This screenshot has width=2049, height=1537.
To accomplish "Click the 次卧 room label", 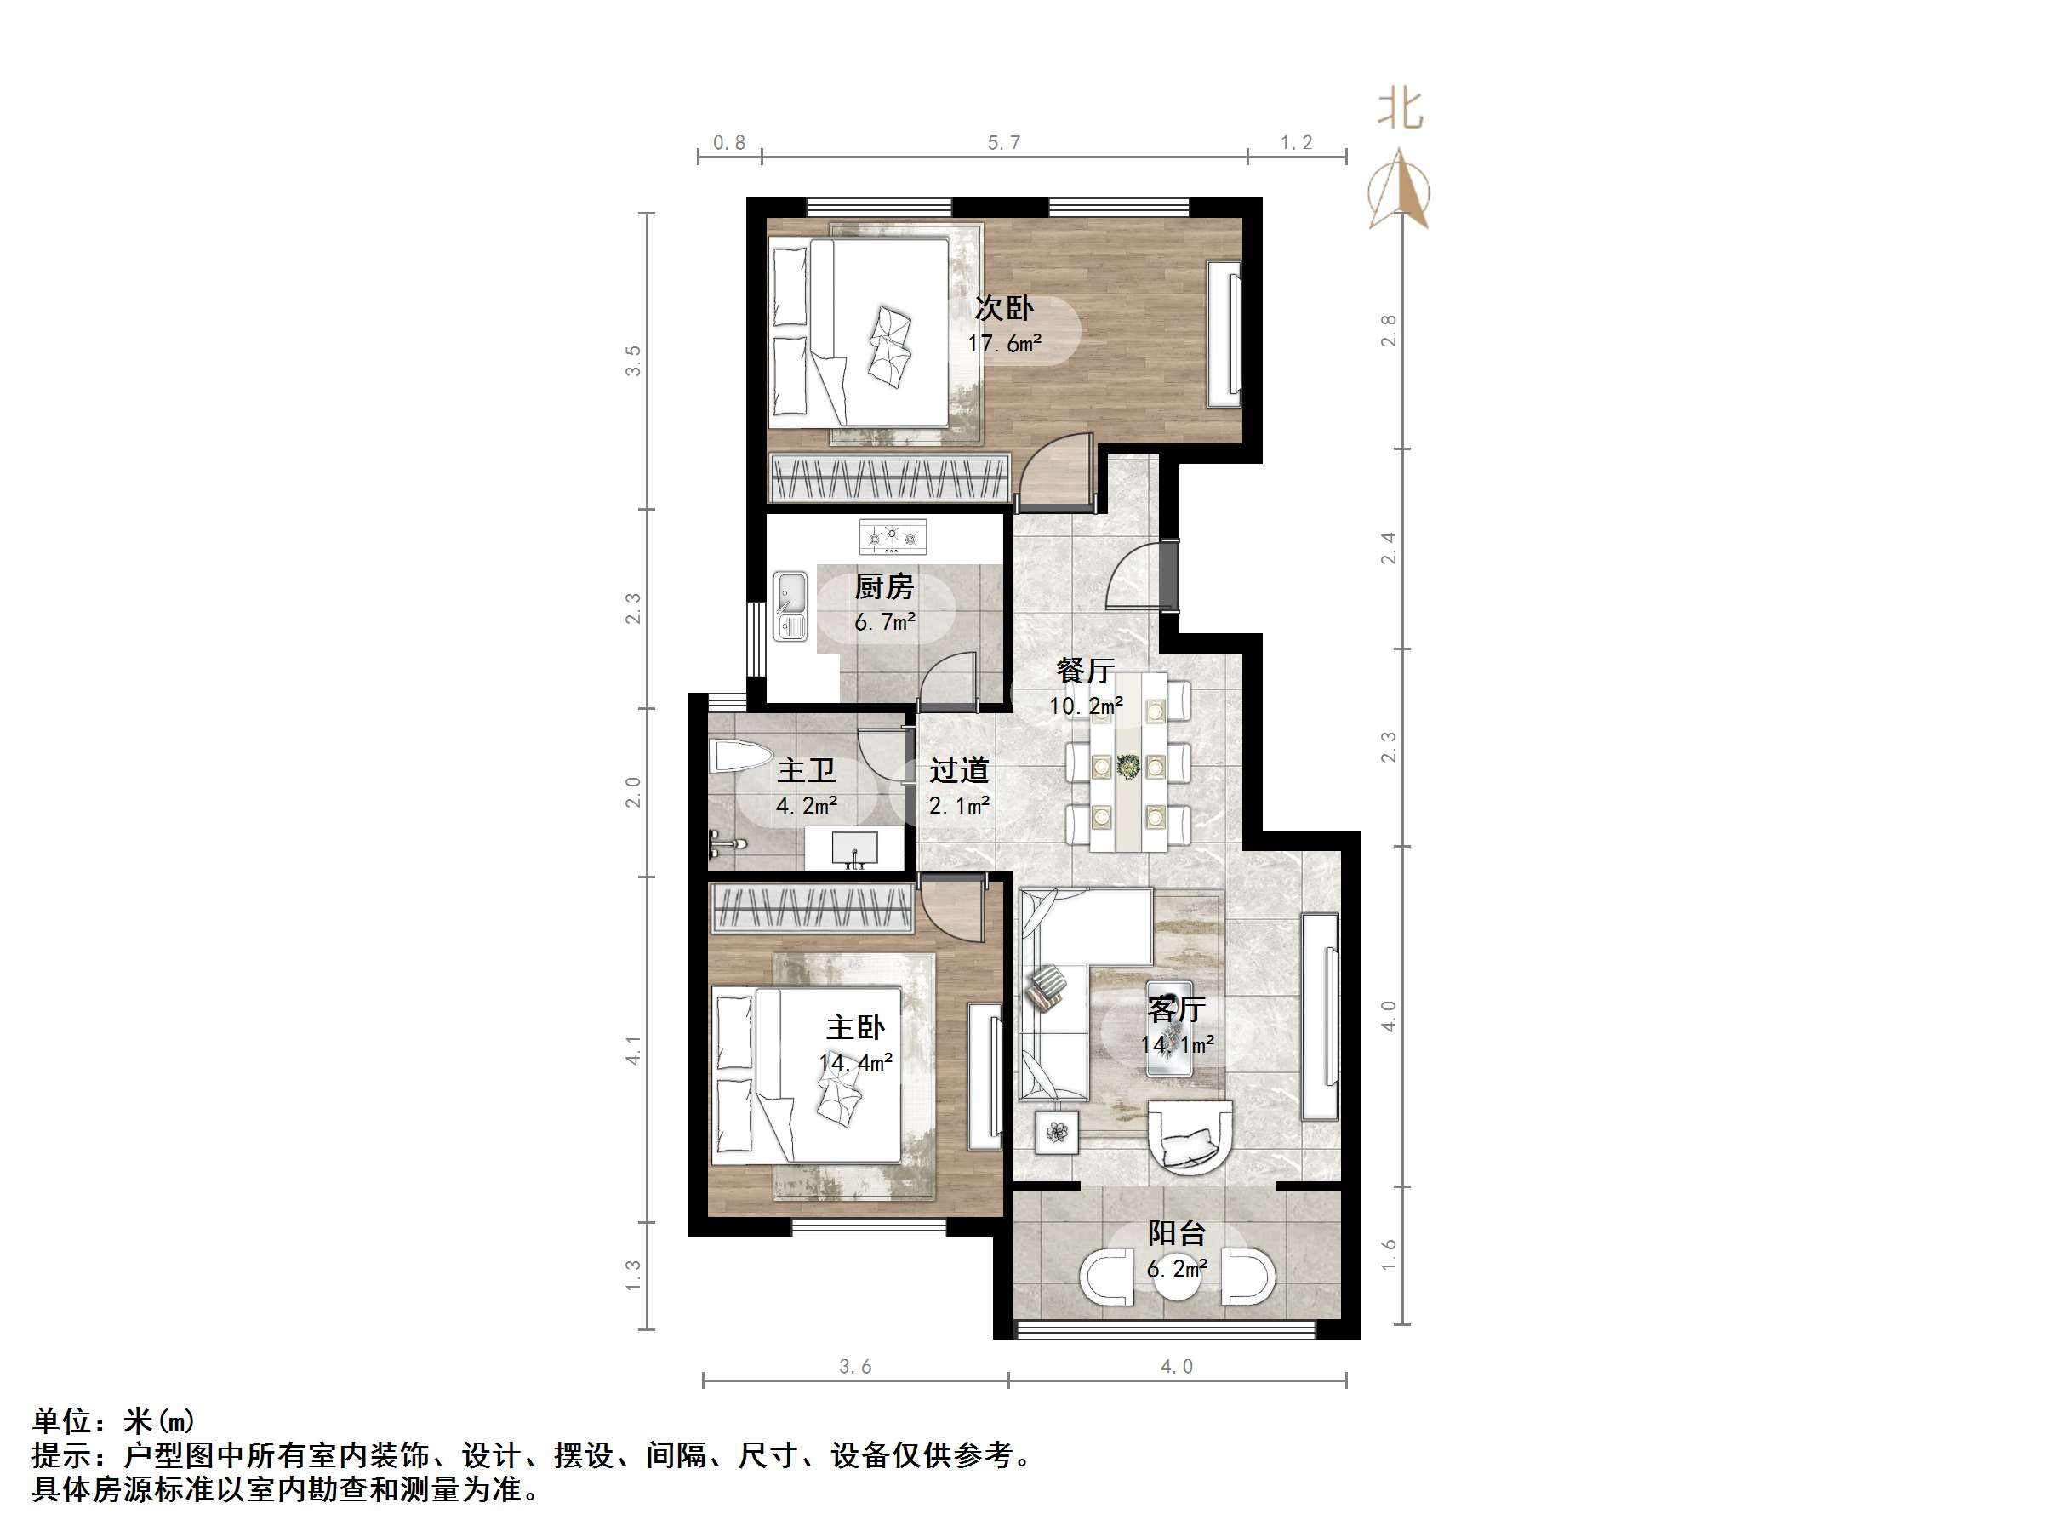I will tap(1003, 307).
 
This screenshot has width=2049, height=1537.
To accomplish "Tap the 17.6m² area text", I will tap(1004, 344).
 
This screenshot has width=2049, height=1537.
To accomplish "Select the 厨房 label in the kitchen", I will tap(884, 586).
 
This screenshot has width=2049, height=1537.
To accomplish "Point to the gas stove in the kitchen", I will tap(892, 536).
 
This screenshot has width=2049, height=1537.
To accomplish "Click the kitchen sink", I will tap(790, 606).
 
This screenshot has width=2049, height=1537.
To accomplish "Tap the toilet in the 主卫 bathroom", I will tap(741, 757).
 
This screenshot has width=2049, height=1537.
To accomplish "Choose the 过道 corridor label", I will tap(959, 770).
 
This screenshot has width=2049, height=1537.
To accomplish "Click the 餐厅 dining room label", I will tap(1085, 670).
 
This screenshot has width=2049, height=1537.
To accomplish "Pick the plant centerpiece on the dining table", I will tap(1128, 766).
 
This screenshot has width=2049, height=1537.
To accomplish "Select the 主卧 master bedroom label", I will tap(855, 1027).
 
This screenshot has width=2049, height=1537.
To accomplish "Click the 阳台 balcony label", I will tap(1177, 1233).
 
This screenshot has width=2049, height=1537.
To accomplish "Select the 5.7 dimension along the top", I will tap(1003, 143).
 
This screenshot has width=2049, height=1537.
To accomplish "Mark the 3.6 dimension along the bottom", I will tap(854, 1367).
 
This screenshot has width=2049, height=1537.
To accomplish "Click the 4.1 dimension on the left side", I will tap(634, 1049).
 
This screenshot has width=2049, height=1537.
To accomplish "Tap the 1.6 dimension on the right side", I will tap(1389, 1254).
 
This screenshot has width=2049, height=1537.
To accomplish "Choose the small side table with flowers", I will tap(1057, 1131).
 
